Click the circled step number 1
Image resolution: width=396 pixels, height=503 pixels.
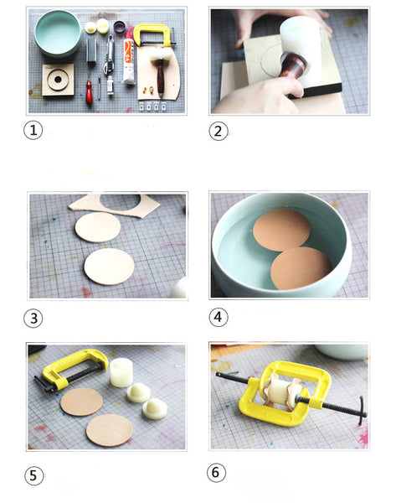coord(33,130)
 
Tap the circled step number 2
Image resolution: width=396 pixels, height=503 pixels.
coord(218,132)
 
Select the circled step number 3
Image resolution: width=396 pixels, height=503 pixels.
coord(33,319)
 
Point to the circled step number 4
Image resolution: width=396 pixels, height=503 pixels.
coord(219,317)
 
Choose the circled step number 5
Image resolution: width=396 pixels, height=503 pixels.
coord(33,475)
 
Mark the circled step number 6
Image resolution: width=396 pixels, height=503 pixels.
coord(216,473)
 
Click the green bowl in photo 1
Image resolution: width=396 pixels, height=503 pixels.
coord(58,33)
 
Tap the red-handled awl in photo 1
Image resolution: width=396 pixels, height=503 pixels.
coord(89,88)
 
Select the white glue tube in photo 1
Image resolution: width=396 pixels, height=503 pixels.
coord(129,59)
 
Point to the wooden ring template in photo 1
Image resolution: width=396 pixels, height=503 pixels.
coord(58,80)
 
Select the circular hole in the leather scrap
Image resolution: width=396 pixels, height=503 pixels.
coord(121,201)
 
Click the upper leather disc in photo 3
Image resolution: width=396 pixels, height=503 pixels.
coord(98,227)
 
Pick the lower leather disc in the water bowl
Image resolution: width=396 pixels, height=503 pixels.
coord(301,268)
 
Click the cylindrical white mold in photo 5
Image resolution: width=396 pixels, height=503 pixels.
coord(121,372)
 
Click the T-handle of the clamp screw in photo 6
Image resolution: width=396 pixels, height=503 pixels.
coord(362,412)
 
